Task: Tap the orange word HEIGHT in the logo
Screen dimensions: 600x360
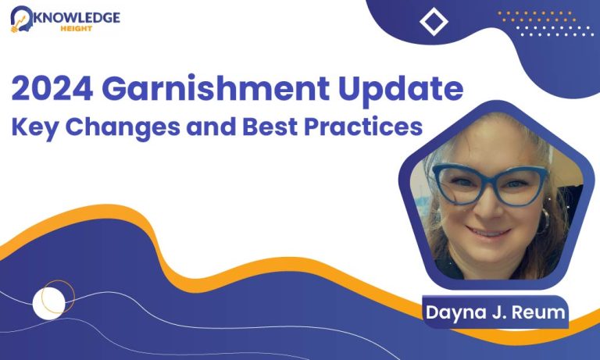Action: coord(77,29)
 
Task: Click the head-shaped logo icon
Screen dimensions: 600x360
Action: coord(22,19)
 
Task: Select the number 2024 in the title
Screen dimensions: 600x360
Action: coord(52,88)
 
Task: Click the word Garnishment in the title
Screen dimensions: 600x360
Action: coord(216,88)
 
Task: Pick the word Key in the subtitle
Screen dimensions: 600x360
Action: coord(35,127)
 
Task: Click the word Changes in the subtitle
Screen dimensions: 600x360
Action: coord(123,127)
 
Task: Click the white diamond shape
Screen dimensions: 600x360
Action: coord(434,22)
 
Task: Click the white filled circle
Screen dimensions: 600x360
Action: coord(49,303)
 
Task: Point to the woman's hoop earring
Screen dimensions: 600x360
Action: coord(544,221)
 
